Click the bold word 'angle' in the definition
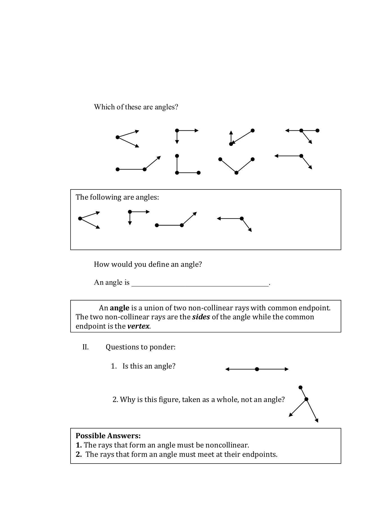(119, 308)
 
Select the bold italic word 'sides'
(201, 317)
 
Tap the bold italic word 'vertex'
(138, 326)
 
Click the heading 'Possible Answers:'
(108, 436)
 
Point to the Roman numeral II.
(85, 347)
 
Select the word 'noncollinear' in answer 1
(227, 445)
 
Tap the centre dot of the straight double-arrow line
(257, 369)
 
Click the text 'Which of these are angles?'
(136, 107)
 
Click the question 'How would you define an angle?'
(148, 265)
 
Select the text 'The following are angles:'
(117, 197)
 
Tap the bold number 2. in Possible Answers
(79, 454)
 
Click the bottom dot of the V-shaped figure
(236, 173)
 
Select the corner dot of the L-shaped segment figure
(177, 173)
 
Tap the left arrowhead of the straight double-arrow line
(227, 369)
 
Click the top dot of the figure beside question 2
(300, 387)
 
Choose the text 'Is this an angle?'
(149, 366)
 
